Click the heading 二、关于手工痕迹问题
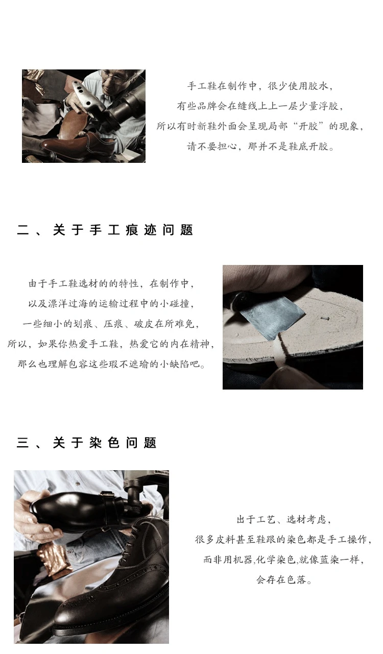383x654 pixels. point(105,230)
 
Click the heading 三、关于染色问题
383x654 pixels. point(86,443)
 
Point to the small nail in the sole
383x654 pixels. point(324,318)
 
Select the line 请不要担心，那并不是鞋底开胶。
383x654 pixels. point(260,147)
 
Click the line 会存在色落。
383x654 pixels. point(284,579)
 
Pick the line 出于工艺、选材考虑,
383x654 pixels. point(283,519)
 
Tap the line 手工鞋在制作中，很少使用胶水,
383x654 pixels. point(260,86)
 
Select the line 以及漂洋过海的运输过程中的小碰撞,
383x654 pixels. point(111,304)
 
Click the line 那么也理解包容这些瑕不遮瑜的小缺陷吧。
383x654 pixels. point(111,364)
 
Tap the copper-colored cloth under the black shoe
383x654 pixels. point(54,560)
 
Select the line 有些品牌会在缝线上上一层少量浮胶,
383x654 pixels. point(260,106)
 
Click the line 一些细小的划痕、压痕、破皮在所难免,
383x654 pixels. point(111,324)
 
